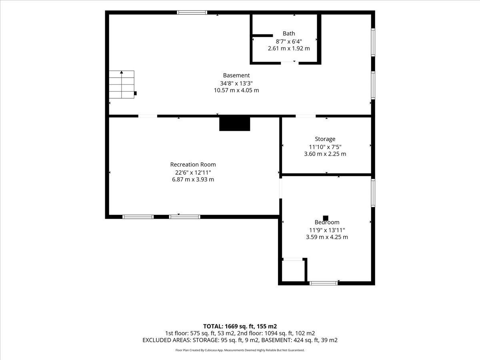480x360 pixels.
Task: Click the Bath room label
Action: pos(289,34)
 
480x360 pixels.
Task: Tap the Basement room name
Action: pos(236,75)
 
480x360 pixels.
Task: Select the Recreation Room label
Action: pos(193,164)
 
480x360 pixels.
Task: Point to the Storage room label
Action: pos(325,139)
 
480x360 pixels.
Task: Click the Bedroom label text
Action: pos(327,222)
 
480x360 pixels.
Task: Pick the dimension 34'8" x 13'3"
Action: pos(236,83)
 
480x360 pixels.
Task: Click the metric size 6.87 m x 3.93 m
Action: pos(193,180)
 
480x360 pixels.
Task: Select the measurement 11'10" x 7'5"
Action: pos(325,147)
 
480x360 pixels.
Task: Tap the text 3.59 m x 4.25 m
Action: pos(327,237)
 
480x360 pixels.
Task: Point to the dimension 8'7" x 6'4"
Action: pos(289,41)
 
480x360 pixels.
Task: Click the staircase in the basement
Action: pos(122,84)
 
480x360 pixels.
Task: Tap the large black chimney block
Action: pos(235,124)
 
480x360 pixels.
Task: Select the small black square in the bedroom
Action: pos(326,218)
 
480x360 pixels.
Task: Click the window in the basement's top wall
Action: pos(192,12)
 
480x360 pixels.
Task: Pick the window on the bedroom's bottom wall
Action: pos(324,283)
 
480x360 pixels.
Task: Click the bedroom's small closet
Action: pos(293,271)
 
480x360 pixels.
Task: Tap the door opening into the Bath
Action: pos(290,63)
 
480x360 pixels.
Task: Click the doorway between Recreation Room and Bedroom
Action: pos(280,188)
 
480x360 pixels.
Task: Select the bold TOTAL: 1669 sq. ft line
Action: pos(240,326)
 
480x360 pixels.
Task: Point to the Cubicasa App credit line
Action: pos(240,350)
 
